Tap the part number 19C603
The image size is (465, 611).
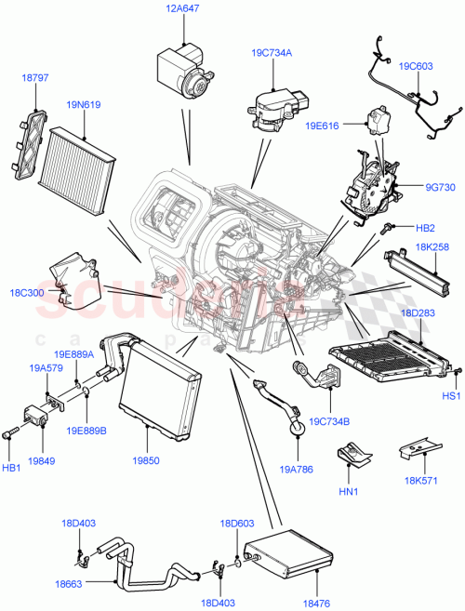pos(417,67)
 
